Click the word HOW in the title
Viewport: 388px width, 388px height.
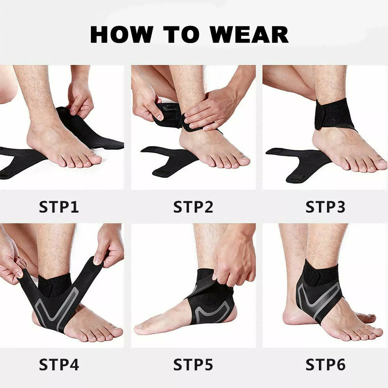(122, 35)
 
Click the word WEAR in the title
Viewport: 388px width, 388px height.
(249, 35)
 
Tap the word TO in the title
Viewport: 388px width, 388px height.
(181, 35)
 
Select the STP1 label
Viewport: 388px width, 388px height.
(59, 207)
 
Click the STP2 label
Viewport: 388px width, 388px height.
(193, 207)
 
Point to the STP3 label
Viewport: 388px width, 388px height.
(325, 207)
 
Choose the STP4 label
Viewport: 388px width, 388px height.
(59, 364)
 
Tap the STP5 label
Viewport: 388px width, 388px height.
(193, 364)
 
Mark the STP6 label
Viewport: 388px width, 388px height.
(325, 364)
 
